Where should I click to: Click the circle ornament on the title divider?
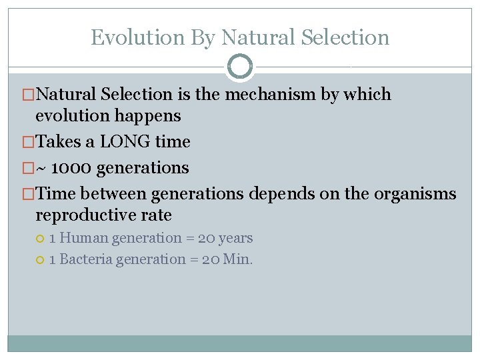coord(240,67)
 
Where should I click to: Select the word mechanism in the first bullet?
coord(271,95)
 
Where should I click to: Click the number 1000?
coord(69,168)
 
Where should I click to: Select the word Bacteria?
coord(86,259)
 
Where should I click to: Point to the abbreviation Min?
coord(237,259)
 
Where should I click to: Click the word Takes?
coord(55,141)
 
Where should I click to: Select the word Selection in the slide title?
coord(345,37)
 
